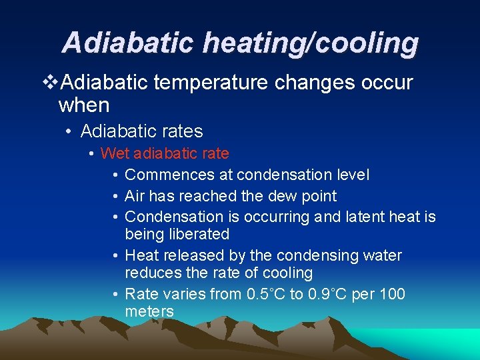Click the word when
[84, 105]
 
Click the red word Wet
[115, 154]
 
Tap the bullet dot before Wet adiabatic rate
[91, 154]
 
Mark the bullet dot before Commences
[115, 175]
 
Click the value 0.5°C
[264, 295]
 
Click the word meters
[149, 312]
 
